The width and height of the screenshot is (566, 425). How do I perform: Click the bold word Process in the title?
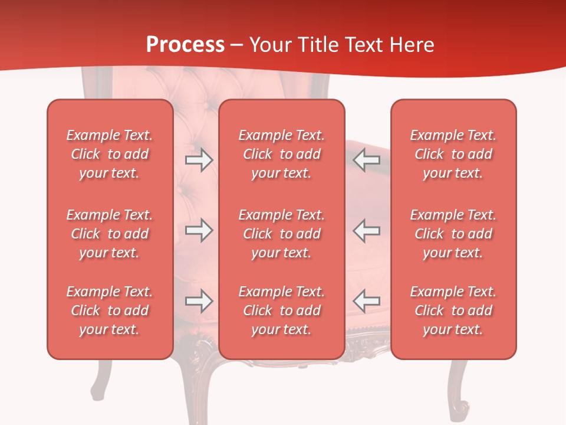tap(185, 45)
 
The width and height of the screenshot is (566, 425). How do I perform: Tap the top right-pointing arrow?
tap(199, 159)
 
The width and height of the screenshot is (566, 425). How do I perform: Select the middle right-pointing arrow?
tap(199, 230)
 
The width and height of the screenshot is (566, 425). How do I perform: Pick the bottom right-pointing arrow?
tap(199, 301)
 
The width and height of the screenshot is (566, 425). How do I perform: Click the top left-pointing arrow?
tap(367, 159)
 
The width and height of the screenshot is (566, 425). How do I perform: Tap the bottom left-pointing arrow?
tap(367, 300)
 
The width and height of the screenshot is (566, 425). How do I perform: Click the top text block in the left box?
tap(110, 154)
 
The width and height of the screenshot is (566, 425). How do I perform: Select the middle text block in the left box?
tap(110, 234)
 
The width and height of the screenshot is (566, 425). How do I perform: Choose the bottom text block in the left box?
tap(110, 310)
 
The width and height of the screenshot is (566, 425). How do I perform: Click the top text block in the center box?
tap(282, 154)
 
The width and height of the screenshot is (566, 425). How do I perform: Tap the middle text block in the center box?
tap(282, 234)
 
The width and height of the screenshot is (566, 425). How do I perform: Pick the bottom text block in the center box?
tap(282, 310)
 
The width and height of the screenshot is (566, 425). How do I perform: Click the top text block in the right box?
tap(453, 154)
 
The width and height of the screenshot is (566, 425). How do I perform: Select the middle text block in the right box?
tap(453, 234)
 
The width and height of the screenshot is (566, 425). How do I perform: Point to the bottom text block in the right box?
tap(453, 310)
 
